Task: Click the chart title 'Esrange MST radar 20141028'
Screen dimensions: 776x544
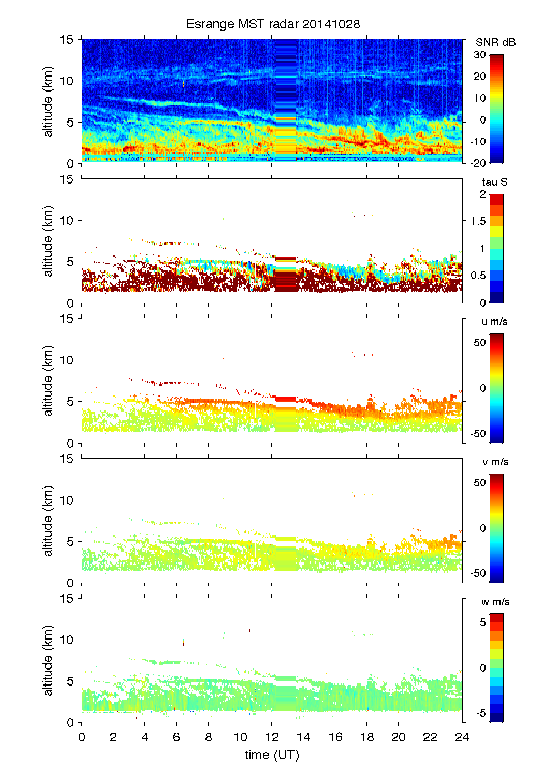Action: (x=273, y=24)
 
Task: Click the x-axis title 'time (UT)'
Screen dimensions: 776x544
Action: (x=272, y=755)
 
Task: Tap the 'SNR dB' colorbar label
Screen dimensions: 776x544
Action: (x=495, y=42)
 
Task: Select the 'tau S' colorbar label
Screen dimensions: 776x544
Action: (x=494, y=182)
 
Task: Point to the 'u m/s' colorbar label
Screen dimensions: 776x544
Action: (x=494, y=322)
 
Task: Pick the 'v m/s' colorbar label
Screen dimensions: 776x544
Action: (x=494, y=462)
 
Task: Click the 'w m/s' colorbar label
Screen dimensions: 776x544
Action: (x=495, y=602)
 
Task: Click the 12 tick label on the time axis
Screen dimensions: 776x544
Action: (x=272, y=737)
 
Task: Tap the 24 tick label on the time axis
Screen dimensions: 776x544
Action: (x=462, y=737)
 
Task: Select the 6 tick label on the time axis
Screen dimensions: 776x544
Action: (x=177, y=737)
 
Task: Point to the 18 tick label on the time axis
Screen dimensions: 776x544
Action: (x=367, y=737)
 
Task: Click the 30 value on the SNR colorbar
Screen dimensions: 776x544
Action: (x=480, y=55)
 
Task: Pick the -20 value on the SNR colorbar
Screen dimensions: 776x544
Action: (x=478, y=163)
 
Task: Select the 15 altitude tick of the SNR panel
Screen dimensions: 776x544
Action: (x=67, y=40)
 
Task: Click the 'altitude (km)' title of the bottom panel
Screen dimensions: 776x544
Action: (x=48, y=661)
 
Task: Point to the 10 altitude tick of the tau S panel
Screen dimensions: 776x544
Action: (x=67, y=221)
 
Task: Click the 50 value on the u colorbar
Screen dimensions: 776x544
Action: (x=480, y=342)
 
